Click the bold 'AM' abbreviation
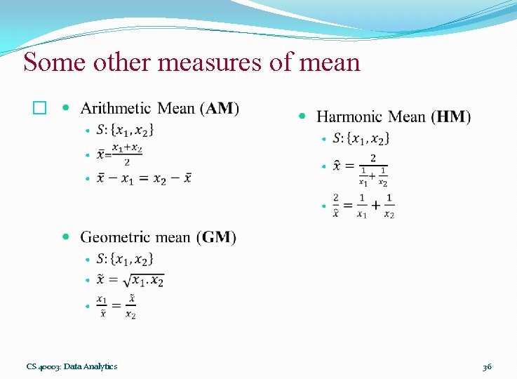point(220,108)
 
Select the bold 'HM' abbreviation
point(452,117)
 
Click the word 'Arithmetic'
point(116,108)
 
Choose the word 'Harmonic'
point(349,117)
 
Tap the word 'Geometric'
point(115,237)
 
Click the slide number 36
point(487,366)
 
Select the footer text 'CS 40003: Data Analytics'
point(72,366)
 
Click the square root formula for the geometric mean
point(130,280)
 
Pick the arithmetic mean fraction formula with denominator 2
point(119,154)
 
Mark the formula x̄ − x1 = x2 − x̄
point(144,178)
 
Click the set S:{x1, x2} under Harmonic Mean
point(361,138)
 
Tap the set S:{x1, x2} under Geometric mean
point(125,258)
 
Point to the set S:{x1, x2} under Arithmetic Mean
point(126,130)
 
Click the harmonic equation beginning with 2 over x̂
point(363,205)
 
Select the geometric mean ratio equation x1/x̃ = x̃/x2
point(116,307)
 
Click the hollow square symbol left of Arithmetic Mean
point(39,109)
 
